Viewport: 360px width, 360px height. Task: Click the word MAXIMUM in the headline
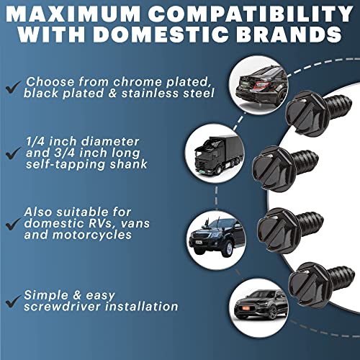coord(73,14)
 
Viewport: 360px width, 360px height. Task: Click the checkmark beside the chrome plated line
coord(13,87)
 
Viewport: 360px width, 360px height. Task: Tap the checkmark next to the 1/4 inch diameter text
coord(13,153)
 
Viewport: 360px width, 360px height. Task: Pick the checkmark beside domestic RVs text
coord(13,224)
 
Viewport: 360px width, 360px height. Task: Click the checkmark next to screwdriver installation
coord(13,301)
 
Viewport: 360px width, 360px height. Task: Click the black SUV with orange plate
coord(261,305)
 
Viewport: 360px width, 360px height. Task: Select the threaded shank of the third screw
coord(310,222)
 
